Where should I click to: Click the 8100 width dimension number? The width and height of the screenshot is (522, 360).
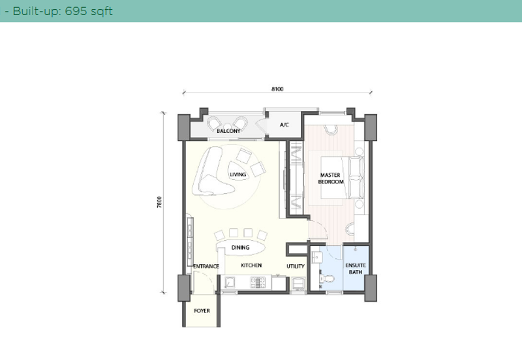click(277, 89)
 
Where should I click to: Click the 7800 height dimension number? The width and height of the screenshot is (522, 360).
click(159, 202)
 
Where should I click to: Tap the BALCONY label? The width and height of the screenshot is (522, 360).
click(228, 131)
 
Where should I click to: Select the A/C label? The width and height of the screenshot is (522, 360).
click(284, 125)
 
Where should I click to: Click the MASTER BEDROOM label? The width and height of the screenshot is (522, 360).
click(331, 178)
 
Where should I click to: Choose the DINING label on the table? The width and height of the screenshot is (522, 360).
click(240, 247)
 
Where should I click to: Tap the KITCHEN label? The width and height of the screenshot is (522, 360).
click(251, 265)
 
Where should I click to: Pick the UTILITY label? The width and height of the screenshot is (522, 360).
click(296, 265)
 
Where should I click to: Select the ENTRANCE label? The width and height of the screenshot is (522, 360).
click(205, 266)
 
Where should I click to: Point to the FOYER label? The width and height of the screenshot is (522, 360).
click(202, 310)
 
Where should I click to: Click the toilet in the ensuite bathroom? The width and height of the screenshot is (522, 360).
click(330, 279)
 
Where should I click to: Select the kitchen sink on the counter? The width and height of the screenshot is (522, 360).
click(232, 282)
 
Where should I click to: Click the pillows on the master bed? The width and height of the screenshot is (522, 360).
click(357, 177)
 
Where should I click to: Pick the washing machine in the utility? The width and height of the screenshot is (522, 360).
click(298, 282)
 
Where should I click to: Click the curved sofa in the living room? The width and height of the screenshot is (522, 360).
click(212, 171)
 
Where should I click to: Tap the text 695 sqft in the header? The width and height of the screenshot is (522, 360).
click(85, 11)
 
